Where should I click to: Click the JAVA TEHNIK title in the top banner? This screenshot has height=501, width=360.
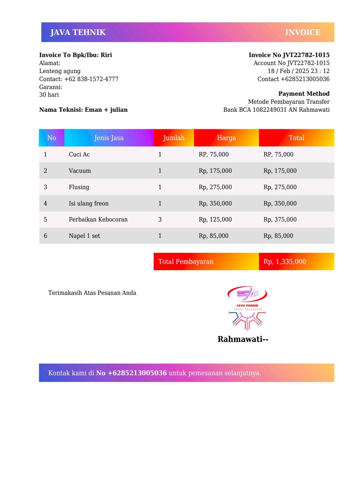tap(78, 32)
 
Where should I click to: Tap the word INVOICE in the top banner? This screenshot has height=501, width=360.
tap(303, 32)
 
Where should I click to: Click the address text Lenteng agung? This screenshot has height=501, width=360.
tap(60, 71)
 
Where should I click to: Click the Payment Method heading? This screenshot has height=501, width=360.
tap(304, 94)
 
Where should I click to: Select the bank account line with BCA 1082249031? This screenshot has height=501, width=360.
tap(276, 110)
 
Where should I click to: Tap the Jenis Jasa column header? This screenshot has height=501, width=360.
tap(109, 138)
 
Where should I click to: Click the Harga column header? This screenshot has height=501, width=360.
tap(226, 138)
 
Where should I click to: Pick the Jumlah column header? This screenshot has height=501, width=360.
tap(173, 138)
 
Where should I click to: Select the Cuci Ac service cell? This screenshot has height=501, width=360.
tap(79, 154)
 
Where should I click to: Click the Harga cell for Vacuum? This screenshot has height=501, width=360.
tap(215, 171)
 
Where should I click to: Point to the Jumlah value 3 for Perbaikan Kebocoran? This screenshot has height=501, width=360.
tap(160, 219)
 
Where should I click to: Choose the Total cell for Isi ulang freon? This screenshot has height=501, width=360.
tap(280, 203)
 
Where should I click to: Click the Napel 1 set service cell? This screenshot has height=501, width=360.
tap(84, 236)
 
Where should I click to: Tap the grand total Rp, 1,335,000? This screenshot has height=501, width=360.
tap(285, 262)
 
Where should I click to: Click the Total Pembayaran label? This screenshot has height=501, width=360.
tap(186, 262)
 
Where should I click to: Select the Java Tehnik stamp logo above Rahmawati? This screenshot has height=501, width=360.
tap(247, 308)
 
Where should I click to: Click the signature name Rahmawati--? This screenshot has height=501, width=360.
tap(243, 339)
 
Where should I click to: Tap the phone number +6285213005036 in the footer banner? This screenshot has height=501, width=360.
tap(131, 373)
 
